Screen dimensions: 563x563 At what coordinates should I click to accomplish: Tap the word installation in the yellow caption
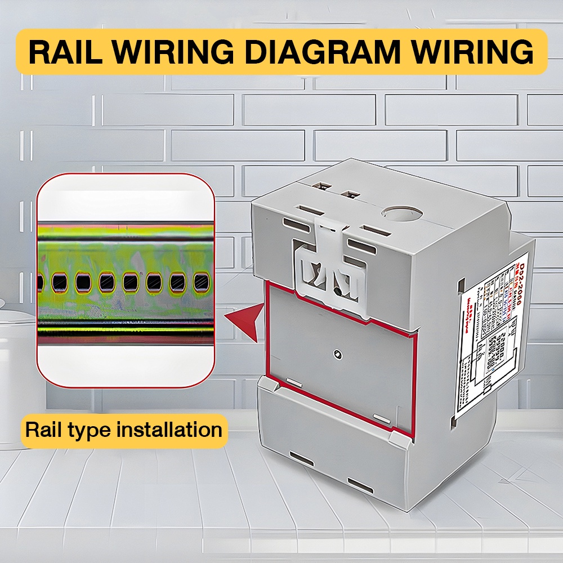click(169, 431)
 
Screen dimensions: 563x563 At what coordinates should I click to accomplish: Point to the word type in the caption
click(93, 431)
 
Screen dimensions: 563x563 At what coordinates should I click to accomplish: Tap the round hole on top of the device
click(401, 213)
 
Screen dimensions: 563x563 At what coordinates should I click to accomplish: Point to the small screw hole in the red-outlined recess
click(337, 354)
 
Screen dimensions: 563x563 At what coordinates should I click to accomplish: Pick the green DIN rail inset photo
click(125, 280)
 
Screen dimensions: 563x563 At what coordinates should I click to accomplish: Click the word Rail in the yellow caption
click(43, 431)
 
